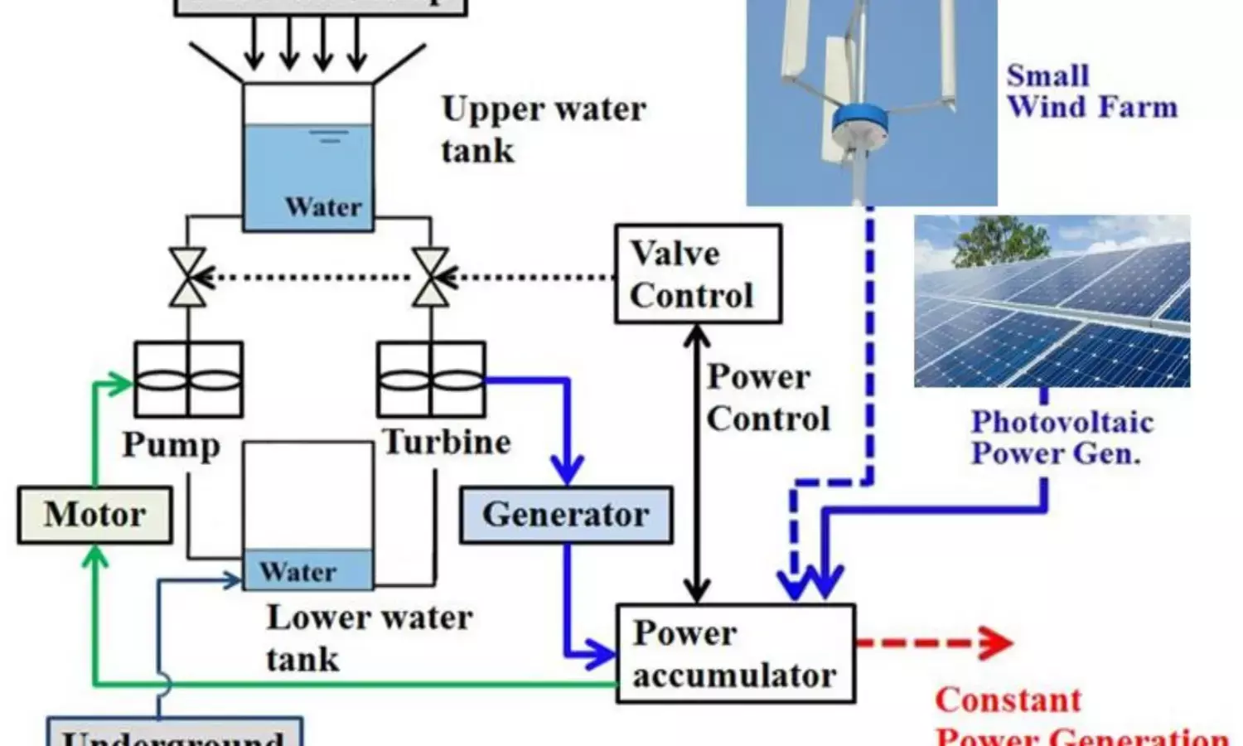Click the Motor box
coord(94,515)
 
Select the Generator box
coord(566,515)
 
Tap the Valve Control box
coord(698,274)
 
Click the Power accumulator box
coord(735,654)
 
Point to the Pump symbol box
coord(188,380)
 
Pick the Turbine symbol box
coord(431,380)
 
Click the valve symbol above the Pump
coord(188,277)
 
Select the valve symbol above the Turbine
coord(431,277)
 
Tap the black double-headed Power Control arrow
coord(697,464)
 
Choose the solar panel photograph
coord(1052,301)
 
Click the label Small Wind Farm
coord(1091,91)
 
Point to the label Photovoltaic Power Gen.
coord(1062,438)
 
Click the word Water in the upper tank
coord(323,206)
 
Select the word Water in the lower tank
coord(297,571)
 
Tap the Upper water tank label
coord(543,129)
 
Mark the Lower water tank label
coord(369,637)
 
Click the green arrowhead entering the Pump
coord(123,383)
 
